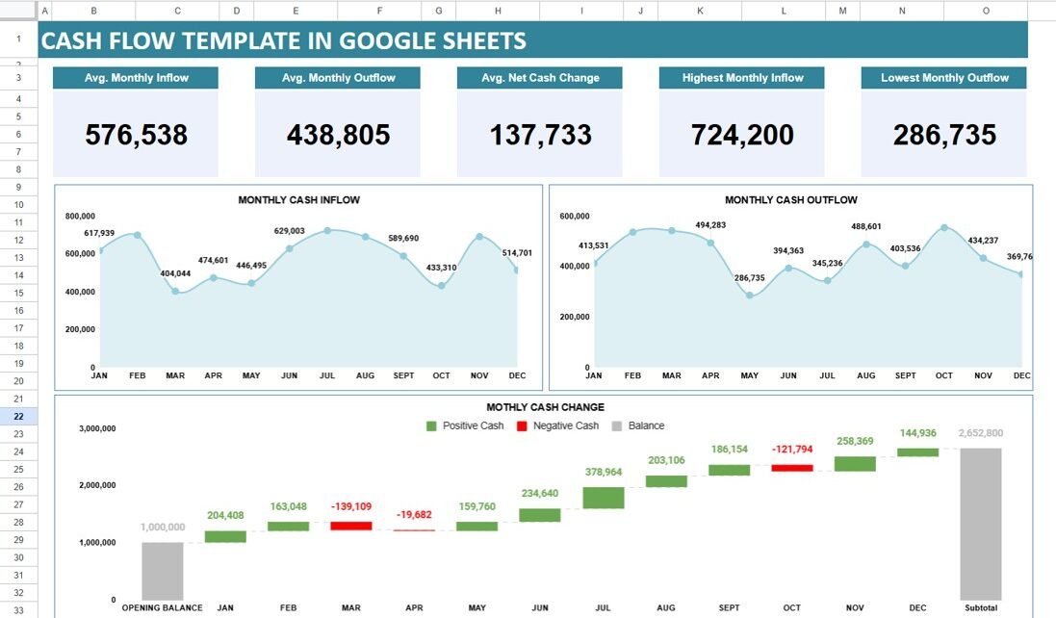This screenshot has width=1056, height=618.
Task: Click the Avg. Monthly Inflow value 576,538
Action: point(136,136)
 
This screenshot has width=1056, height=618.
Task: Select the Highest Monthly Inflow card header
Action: point(742,78)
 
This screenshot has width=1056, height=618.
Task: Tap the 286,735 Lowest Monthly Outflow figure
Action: point(943,136)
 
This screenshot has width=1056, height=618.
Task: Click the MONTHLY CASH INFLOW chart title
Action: point(298,200)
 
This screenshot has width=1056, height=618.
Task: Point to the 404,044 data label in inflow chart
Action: point(175,273)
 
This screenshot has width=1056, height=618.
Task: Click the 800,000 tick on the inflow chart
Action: point(80,217)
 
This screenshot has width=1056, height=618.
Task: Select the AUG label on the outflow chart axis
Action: point(865,375)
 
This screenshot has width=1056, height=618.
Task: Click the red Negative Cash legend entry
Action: point(557,425)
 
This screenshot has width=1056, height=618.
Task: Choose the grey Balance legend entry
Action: point(638,425)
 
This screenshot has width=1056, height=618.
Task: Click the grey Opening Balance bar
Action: point(162,570)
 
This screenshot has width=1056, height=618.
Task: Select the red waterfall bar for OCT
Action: point(791,468)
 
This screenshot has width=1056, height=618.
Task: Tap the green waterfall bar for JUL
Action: point(604,497)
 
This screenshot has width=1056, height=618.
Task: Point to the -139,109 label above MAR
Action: point(350,506)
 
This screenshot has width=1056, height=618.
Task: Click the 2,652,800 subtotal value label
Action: point(981,433)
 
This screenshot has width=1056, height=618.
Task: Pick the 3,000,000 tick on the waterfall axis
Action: point(97,428)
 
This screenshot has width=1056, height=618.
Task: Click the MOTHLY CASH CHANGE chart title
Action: point(545,407)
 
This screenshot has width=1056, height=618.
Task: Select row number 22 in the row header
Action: point(19,417)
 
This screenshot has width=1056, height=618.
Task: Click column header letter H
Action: point(498,11)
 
